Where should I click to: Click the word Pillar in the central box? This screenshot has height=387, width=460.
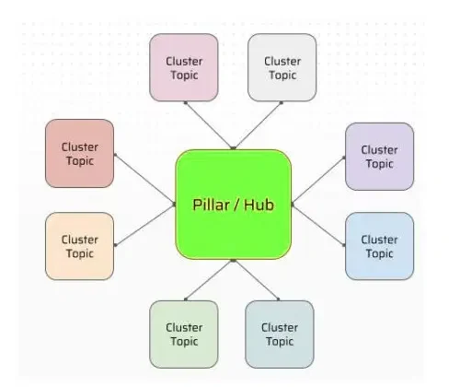[x=212, y=204]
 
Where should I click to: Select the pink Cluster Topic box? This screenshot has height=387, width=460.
[x=184, y=68]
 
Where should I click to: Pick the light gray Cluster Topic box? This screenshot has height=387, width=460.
[x=282, y=68]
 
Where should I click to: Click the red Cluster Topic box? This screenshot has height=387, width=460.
[x=79, y=153]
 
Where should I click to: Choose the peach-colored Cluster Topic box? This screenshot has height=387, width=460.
[x=79, y=246]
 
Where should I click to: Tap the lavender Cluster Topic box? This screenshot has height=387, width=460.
[x=379, y=156]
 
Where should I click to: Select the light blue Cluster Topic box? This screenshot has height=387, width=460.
[x=379, y=246]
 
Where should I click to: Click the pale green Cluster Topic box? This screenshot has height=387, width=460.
[x=184, y=334]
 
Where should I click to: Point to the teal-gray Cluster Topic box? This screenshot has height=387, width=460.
[x=279, y=334]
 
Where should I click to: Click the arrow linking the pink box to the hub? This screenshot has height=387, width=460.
[x=210, y=124]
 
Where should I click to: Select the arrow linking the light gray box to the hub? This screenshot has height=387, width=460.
[x=259, y=124]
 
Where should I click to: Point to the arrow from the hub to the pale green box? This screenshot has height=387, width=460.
[x=210, y=280]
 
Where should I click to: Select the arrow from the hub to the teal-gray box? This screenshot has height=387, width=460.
[x=257, y=280]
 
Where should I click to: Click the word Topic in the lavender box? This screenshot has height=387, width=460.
[x=379, y=164]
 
